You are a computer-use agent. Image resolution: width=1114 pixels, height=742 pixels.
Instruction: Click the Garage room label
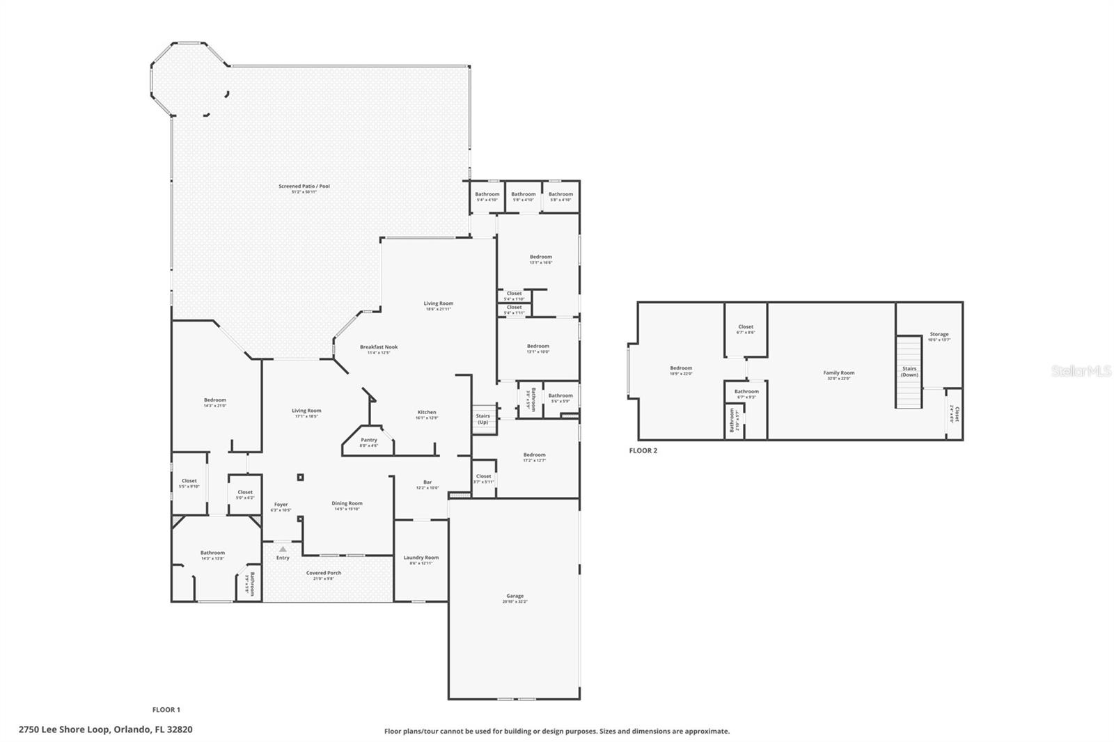click(x=515, y=597)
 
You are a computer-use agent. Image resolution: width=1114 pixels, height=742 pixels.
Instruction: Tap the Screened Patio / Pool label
click(x=304, y=187)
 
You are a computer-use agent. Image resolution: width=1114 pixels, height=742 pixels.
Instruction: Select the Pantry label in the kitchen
click(x=368, y=440)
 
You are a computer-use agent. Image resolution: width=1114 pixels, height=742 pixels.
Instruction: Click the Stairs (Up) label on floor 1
click(x=483, y=419)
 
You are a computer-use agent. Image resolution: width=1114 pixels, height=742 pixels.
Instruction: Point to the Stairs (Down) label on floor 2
click(x=909, y=372)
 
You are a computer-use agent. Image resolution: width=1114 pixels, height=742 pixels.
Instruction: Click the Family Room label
click(x=838, y=373)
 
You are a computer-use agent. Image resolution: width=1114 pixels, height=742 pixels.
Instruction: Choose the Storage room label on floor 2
click(x=939, y=335)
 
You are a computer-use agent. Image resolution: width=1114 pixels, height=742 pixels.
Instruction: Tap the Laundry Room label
click(x=421, y=558)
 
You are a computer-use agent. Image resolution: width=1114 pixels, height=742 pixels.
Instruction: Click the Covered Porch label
click(x=324, y=574)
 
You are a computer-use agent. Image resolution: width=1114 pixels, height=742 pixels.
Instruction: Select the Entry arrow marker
click(x=283, y=549)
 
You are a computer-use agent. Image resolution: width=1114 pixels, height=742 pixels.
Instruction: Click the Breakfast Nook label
click(x=379, y=347)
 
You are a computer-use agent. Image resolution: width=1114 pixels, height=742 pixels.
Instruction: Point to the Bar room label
click(x=427, y=482)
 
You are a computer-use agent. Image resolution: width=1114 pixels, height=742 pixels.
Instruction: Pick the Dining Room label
click(x=347, y=503)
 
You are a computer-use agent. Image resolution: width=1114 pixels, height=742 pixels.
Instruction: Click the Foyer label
click(x=281, y=505)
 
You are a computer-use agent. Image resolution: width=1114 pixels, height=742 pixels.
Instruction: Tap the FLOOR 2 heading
click(x=643, y=450)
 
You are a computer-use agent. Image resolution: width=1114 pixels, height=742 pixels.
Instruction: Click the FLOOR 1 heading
click(x=166, y=710)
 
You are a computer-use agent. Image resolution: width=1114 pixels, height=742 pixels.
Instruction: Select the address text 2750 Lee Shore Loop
click(x=105, y=729)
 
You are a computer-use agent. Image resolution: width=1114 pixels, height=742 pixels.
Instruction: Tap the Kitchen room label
click(x=426, y=413)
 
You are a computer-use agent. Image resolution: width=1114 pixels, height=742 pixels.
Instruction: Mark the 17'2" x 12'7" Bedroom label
click(x=535, y=455)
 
